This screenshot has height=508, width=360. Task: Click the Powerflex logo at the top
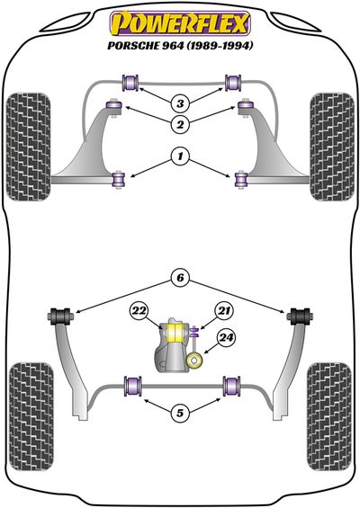tap(180, 23)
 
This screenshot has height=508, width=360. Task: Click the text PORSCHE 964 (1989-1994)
tap(180, 46)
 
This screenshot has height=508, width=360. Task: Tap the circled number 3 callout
tap(180, 103)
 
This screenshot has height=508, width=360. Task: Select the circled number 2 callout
tap(180, 124)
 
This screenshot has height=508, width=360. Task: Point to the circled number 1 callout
tap(180, 156)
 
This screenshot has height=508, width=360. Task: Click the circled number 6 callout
tap(180, 278)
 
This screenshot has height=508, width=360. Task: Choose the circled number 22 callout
tap(139, 311)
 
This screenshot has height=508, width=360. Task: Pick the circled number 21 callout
tap(224, 311)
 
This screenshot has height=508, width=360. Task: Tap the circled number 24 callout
tap(226, 338)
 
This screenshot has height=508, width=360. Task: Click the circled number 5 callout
tap(180, 413)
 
